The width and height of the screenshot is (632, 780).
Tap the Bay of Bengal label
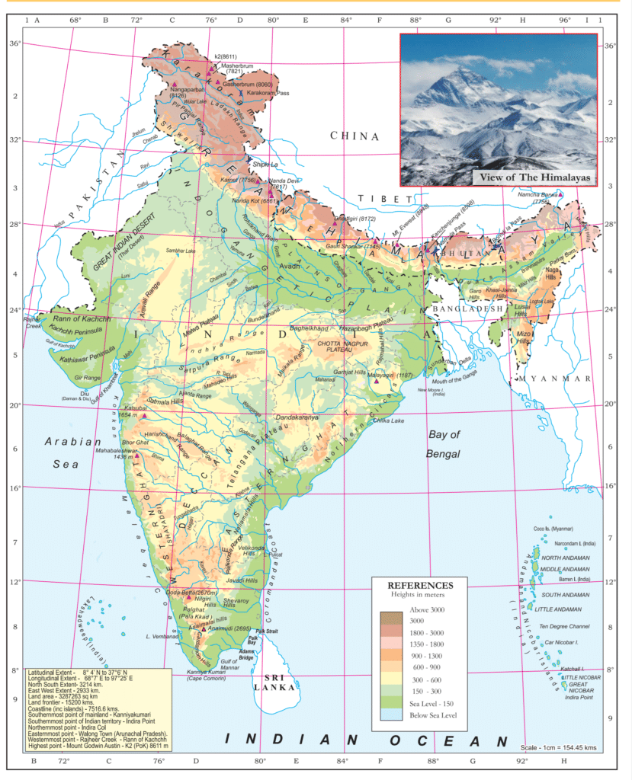point(444,444)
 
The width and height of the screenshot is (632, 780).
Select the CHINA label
point(354,136)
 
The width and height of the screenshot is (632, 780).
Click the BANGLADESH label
point(467,308)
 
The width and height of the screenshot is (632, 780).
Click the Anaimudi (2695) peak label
point(229,629)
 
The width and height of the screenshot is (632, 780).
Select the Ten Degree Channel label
point(565,626)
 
